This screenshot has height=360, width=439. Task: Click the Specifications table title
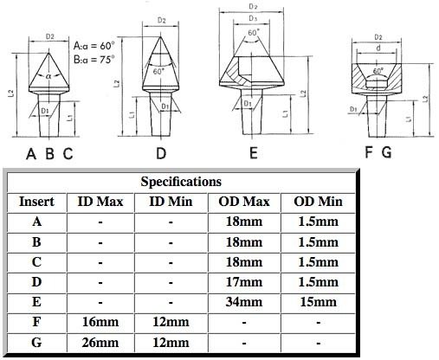coord(182,182)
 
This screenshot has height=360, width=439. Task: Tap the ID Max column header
coord(100,201)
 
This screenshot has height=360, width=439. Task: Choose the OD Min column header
coord(316,201)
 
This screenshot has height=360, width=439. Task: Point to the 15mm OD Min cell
coord(316,301)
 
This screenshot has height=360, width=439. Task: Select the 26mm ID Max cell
coord(100,341)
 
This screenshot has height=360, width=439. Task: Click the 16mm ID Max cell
coord(100,321)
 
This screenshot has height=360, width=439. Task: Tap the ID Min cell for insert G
coord(173,341)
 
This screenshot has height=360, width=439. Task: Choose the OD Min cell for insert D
coord(316,281)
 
